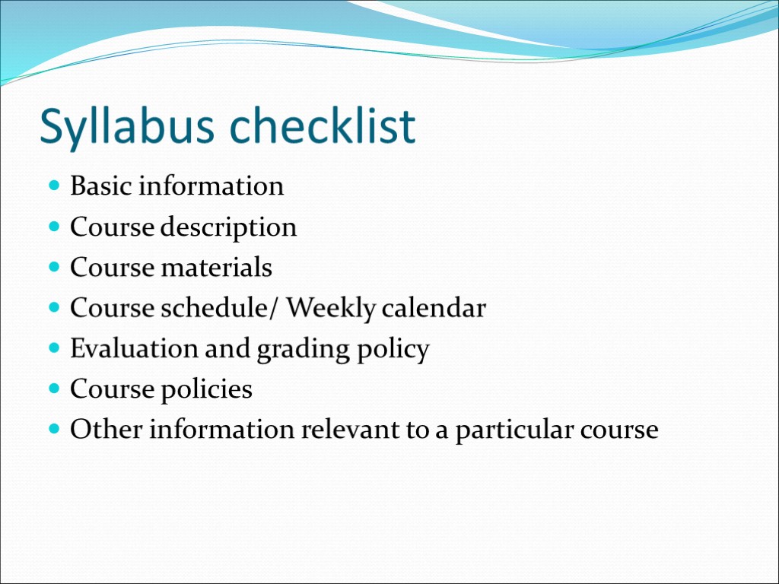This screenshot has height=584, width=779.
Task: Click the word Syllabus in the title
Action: tap(130, 127)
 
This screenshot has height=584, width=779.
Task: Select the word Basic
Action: tap(95, 186)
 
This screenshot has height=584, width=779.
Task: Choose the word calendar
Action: tap(434, 308)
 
